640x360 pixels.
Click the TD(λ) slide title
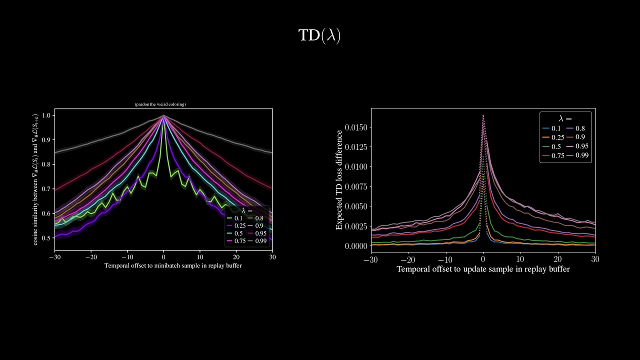tap(319, 35)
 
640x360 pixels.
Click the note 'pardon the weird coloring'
tap(160, 104)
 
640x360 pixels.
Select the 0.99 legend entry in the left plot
tap(257, 241)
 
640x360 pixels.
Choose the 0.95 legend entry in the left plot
tap(257, 233)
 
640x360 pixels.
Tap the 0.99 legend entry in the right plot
tap(578, 155)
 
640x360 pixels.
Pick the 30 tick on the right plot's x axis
tap(595, 259)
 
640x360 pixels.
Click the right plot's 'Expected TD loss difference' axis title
tap(339, 180)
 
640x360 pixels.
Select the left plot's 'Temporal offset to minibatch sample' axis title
tap(173, 265)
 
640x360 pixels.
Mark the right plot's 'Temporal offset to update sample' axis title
tap(483, 269)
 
